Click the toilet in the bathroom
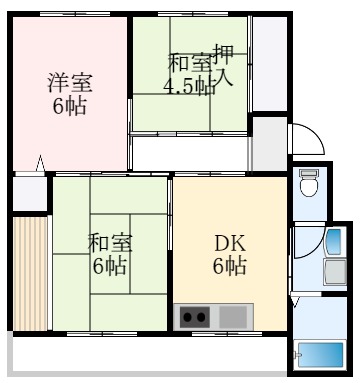[309, 184]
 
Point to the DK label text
[229, 241]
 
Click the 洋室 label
[69, 82]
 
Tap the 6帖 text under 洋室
[69, 105]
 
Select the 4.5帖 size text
[189, 85]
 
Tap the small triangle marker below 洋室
[40, 163]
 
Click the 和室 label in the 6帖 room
[109, 243]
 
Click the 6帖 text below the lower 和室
[109, 266]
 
